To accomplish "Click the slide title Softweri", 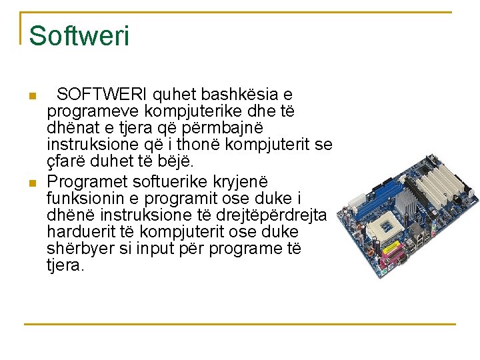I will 79,36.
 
